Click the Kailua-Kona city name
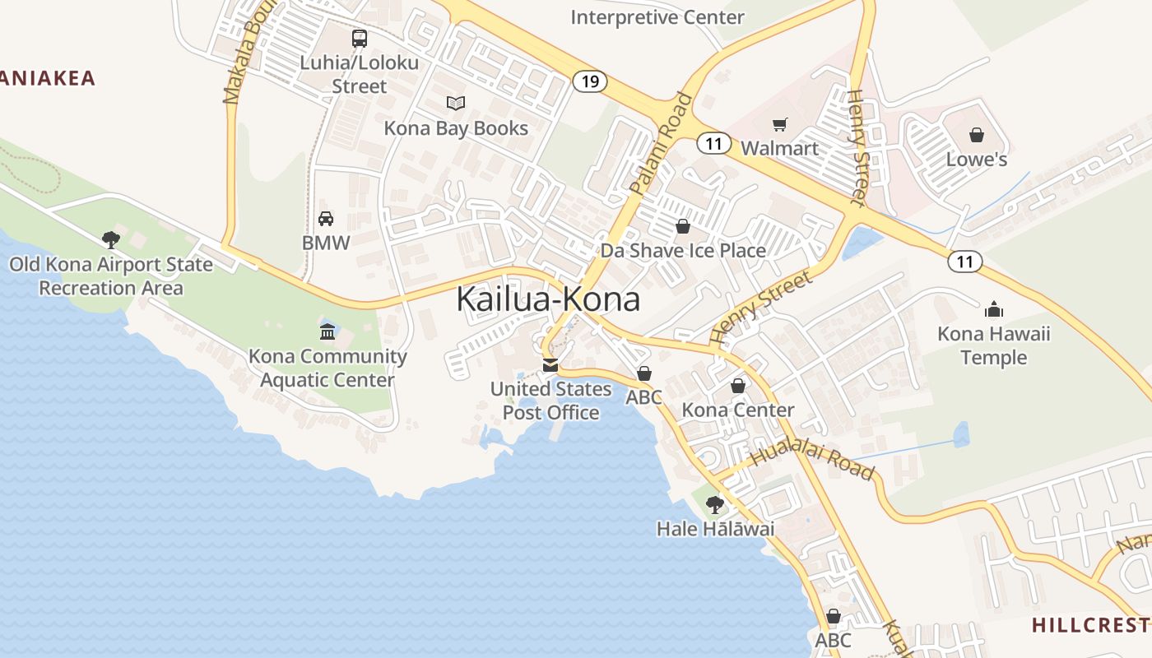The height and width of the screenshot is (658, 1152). click(x=548, y=299)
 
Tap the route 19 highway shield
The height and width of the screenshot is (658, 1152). click(x=589, y=81)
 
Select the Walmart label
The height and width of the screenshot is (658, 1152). click(x=780, y=148)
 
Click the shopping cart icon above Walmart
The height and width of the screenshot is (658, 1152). click(x=779, y=125)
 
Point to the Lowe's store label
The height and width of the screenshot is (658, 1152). click(x=977, y=159)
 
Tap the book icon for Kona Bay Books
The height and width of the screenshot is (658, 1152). click(x=456, y=104)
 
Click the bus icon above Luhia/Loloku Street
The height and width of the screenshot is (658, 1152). click(x=360, y=38)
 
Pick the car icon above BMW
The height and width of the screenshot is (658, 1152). click(x=326, y=219)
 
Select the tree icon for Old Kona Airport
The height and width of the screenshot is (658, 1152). click(x=111, y=240)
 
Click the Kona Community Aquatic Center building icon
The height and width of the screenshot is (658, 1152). click(x=327, y=332)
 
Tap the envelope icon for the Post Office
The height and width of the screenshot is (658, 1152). click(x=550, y=365)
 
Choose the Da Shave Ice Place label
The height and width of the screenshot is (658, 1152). click(x=683, y=251)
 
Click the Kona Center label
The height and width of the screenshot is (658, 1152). click(x=738, y=410)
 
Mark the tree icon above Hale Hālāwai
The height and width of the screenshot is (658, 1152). click(x=715, y=504)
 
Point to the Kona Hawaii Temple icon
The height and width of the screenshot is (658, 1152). click(x=994, y=309)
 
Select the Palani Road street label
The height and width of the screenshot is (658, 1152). click(x=662, y=145)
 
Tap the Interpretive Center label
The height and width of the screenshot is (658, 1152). click(x=657, y=17)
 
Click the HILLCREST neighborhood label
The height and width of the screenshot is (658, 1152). click(x=1091, y=625)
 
